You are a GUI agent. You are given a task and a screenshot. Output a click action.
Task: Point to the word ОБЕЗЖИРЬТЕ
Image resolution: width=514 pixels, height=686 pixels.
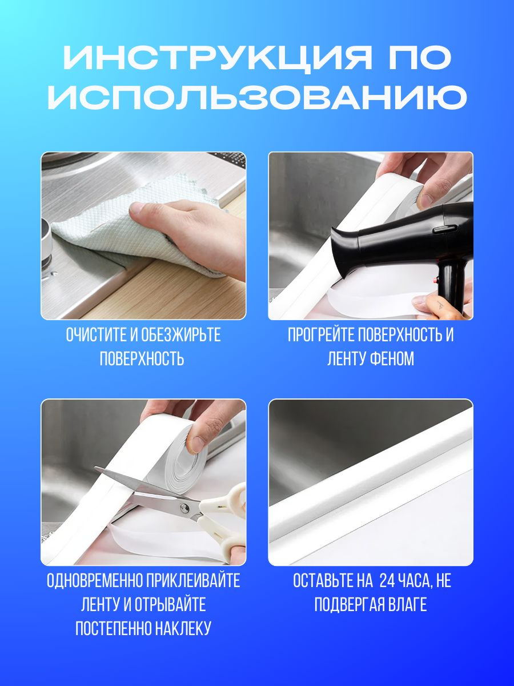181,335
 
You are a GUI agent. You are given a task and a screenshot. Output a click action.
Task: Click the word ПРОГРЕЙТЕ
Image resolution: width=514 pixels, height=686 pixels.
320,335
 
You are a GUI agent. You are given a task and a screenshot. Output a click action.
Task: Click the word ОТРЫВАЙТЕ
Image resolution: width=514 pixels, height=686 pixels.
170,605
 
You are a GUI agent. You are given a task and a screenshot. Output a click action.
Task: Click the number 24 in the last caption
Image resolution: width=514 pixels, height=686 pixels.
387,581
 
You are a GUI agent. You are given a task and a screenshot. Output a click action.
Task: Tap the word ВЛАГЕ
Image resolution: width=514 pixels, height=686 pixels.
407,605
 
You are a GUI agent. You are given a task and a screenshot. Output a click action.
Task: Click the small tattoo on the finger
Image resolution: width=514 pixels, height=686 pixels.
440,304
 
